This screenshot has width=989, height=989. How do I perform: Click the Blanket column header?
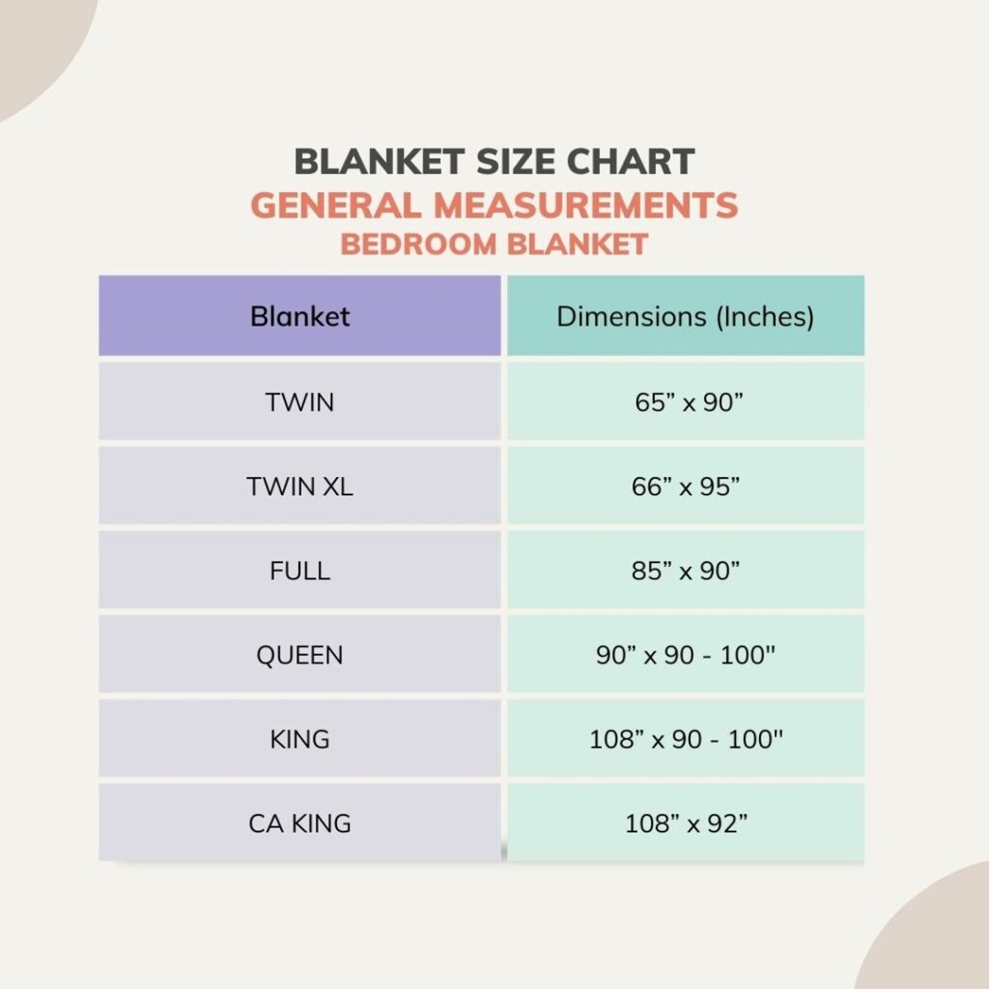[300, 316]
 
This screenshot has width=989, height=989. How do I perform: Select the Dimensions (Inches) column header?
[685, 316]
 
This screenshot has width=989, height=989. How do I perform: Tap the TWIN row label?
[300, 403]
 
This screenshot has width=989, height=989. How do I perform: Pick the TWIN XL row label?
[300, 487]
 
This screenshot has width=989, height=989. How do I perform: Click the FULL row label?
[300, 571]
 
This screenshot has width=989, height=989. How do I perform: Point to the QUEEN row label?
[300, 656]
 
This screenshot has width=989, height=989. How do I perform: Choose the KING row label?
[300, 739]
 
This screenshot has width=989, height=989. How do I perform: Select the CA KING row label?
[300, 823]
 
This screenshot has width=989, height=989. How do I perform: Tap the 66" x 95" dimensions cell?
[686, 487]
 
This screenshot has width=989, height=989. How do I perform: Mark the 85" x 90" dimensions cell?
[686, 571]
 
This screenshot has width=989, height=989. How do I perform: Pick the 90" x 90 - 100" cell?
[686, 656]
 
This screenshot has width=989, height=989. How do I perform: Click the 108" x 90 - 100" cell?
[686, 739]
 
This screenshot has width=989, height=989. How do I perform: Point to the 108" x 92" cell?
[686, 823]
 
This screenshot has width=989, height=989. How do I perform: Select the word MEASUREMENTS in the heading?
[586, 205]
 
